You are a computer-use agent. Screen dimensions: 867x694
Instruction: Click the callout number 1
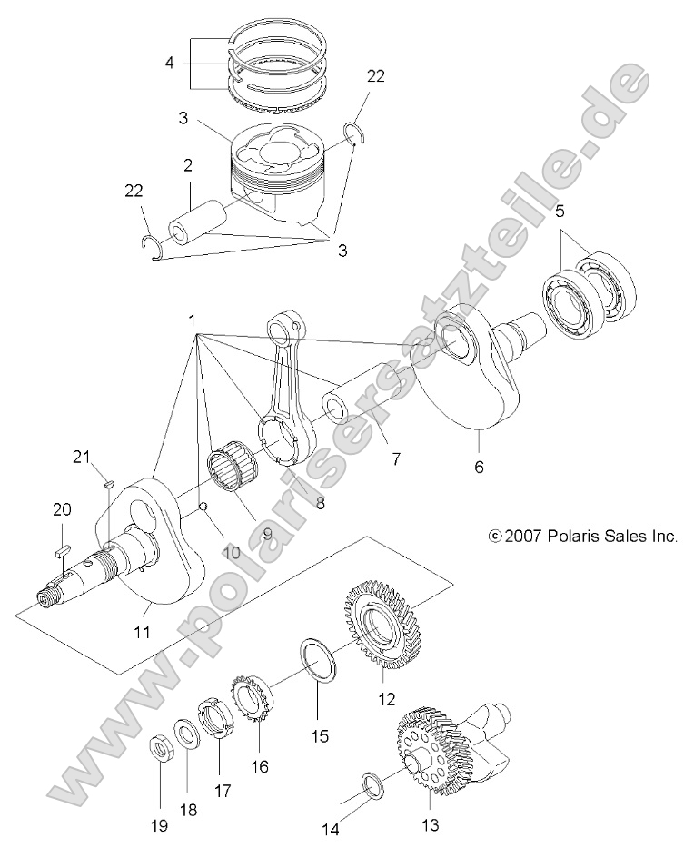point(192,320)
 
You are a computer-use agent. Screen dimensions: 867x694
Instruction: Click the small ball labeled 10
point(205,507)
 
